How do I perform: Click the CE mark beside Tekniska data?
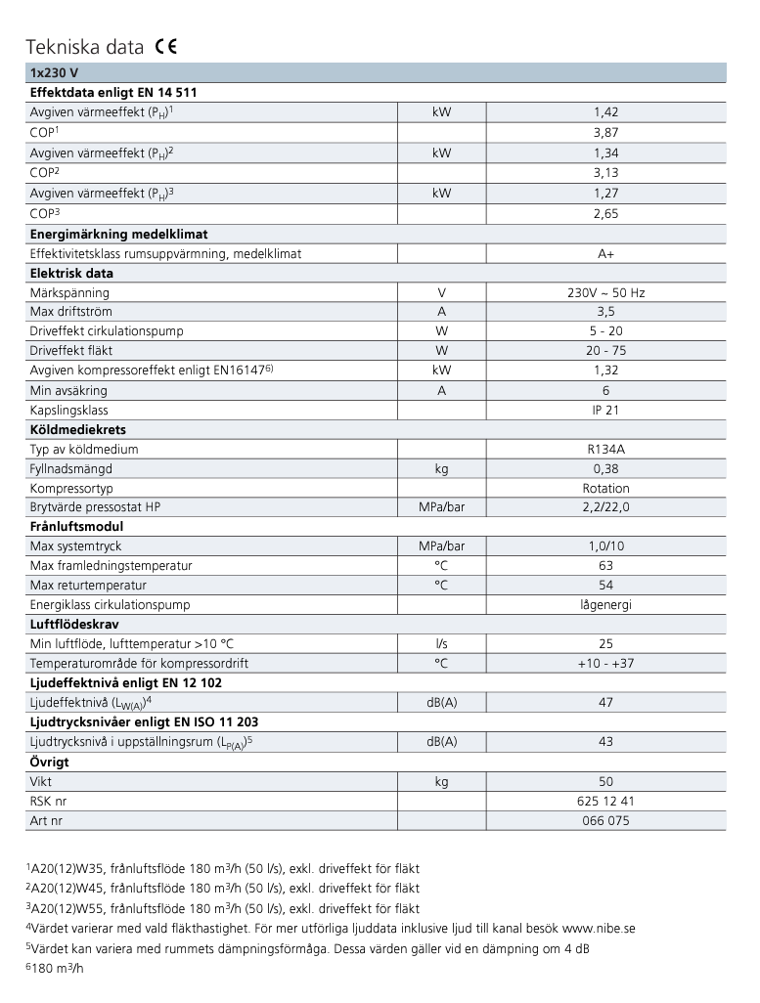coord(165,46)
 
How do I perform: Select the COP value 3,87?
coord(605,132)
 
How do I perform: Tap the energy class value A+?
coord(605,253)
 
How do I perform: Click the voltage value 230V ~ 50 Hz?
coord(605,292)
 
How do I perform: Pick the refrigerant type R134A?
coord(605,449)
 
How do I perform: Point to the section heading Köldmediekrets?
coord(78,429)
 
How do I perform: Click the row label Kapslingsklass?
coord(69,410)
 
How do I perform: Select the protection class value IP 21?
coord(605,410)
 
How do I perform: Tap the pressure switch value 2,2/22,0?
coord(605,507)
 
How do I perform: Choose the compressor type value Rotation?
coord(605,488)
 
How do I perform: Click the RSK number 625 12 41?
coord(605,801)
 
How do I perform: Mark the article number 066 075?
coord(605,820)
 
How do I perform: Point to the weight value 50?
coord(605,781)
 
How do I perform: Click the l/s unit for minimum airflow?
coord(441,643)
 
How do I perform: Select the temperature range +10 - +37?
coord(605,663)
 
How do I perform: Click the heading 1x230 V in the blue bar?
coord(54,72)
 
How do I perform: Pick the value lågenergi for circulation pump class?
coord(605,604)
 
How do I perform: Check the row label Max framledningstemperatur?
coord(111,565)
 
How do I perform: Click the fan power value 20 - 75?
coord(605,350)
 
